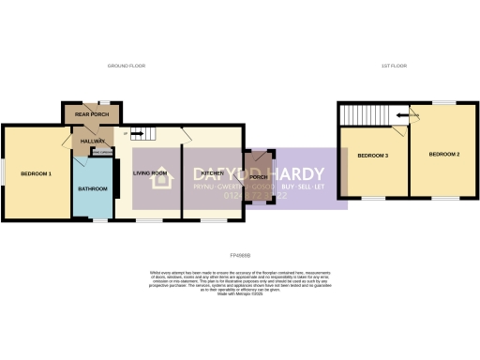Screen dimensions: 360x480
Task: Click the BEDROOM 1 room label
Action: (x=37, y=173)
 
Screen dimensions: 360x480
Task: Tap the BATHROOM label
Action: (x=93, y=188)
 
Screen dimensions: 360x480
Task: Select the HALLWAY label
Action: (x=92, y=141)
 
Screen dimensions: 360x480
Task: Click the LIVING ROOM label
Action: (x=150, y=173)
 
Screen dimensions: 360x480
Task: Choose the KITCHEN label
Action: (x=212, y=173)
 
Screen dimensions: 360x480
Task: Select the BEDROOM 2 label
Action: (x=443, y=154)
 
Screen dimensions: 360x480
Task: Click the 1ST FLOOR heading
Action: (x=393, y=67)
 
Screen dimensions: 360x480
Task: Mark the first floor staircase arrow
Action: (x=403, y=115)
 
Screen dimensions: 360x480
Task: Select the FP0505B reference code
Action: (x=240, y=254)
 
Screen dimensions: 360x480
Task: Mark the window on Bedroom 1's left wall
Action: (x=2, y=172)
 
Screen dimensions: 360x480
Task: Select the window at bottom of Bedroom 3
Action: (x=374, y=198)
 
